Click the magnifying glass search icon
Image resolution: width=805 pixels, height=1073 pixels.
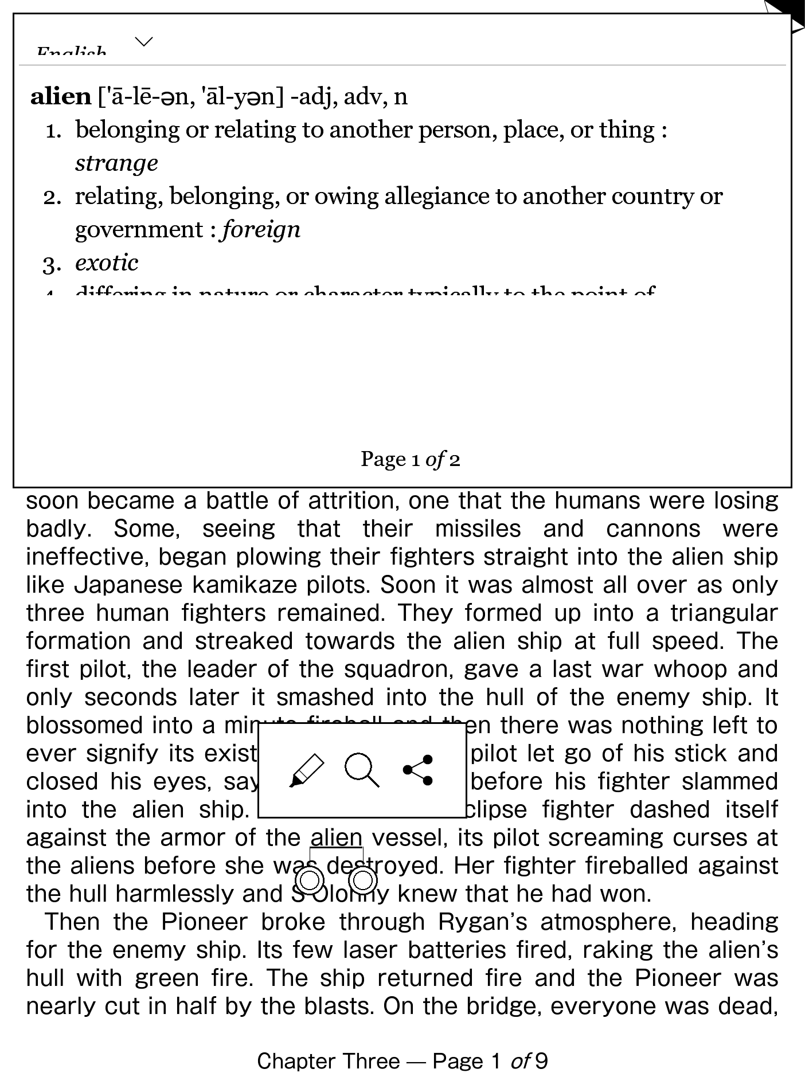pos(362,770)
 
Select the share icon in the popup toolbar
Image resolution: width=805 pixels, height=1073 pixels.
pos(419,770)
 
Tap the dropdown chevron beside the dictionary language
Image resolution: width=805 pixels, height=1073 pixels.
pos(143,42)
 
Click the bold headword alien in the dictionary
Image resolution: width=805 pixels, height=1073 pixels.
pos(61,96)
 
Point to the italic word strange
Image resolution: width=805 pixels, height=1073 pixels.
pos(116,163)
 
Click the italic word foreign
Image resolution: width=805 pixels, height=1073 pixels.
pos(261,230)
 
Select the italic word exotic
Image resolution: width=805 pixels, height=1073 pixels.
pos(107,263)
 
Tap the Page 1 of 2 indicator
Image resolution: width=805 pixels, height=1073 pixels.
pos(410,459)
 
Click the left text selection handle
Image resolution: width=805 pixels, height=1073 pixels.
pos(310,880)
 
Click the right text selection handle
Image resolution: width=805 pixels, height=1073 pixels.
pos(362,880)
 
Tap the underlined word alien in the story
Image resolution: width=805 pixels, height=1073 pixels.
pos(337,838)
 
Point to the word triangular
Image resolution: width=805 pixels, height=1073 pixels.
pos(724,613)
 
